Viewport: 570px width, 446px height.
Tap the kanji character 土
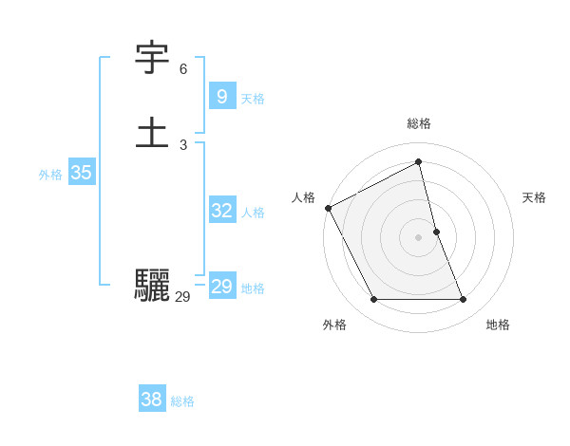[153, 132]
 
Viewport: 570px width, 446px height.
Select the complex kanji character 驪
[153, 285]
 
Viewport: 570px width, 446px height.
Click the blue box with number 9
[221, 97]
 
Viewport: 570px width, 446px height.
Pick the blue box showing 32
[221, 211]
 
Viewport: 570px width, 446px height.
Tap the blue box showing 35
[81, 173]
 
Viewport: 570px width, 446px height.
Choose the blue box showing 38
[151, 400]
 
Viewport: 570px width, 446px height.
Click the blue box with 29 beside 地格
[221, 287]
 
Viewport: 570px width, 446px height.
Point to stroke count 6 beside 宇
[183, 69]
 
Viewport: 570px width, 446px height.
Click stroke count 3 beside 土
[183, 144]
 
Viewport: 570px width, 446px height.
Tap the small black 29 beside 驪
[183, 297]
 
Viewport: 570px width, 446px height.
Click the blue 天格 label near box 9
[253, 99]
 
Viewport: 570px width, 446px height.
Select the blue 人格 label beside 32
[253, 213]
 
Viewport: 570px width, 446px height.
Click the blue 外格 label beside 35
[50, 175]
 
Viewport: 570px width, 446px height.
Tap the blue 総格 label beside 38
[182, 401]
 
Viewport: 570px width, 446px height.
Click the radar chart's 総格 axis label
[419, 123]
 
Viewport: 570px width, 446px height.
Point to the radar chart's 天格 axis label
[534, 197]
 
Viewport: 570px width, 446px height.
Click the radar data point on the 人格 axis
[329, 208]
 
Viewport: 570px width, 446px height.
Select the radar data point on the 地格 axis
[464, 300]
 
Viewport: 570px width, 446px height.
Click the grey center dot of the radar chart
[419, 237]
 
